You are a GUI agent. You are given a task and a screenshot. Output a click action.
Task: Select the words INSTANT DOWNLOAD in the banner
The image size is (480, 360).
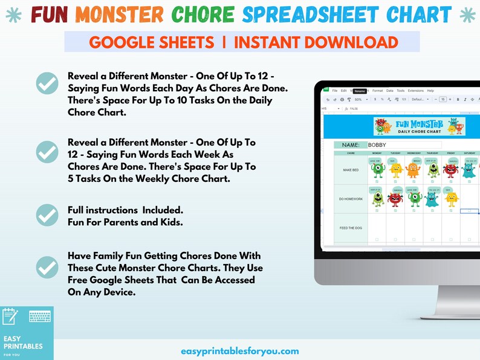[x=316, y=42]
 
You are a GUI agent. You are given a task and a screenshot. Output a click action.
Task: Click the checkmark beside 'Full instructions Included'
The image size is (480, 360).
[x=47, y=215]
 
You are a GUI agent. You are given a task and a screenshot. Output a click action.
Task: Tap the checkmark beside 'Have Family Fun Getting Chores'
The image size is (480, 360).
[x=47, y=268]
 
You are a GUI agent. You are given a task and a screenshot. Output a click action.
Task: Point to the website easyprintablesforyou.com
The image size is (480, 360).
[x=240, y=351]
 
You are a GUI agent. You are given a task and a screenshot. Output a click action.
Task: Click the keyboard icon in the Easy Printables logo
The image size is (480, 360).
[x=39, y=317]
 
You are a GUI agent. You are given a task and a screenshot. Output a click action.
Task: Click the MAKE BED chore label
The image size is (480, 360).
[x=351, y=170]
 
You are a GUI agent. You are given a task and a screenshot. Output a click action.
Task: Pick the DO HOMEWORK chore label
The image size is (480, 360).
[x=351, y=199]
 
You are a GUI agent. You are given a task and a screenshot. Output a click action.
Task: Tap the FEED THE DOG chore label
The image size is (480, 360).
[x=351, y=228]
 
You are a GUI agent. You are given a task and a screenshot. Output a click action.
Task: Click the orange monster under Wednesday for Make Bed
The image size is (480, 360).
[x=414, y=169]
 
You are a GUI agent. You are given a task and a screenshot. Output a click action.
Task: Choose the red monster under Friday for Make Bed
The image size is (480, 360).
[x=450, y=169]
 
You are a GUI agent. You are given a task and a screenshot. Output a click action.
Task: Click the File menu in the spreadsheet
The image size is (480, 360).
[x=335, y=91]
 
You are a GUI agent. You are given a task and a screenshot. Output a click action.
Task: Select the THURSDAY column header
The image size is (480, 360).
[x=432, y=153]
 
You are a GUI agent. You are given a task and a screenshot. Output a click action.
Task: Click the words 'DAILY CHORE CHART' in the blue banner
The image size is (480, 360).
[x=419, y=131]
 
